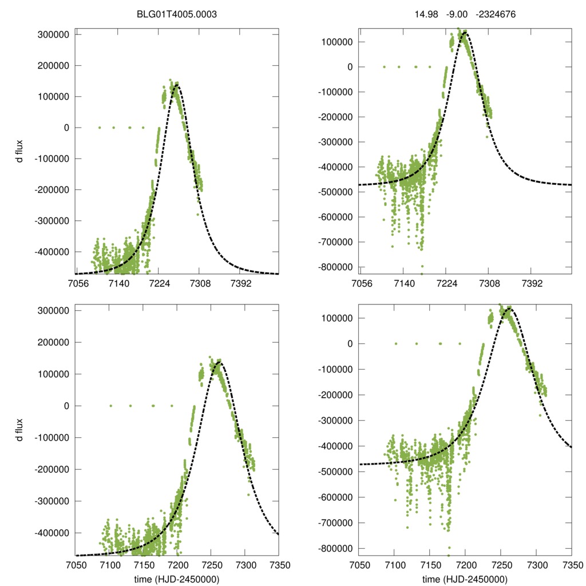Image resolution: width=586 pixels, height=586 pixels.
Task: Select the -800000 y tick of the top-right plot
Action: point(335,267)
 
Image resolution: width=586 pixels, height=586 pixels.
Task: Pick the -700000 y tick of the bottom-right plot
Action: point(335,522)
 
